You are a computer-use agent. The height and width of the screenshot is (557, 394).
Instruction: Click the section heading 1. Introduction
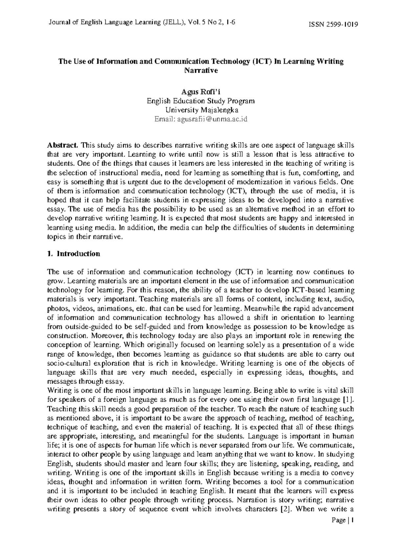point(74,254)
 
